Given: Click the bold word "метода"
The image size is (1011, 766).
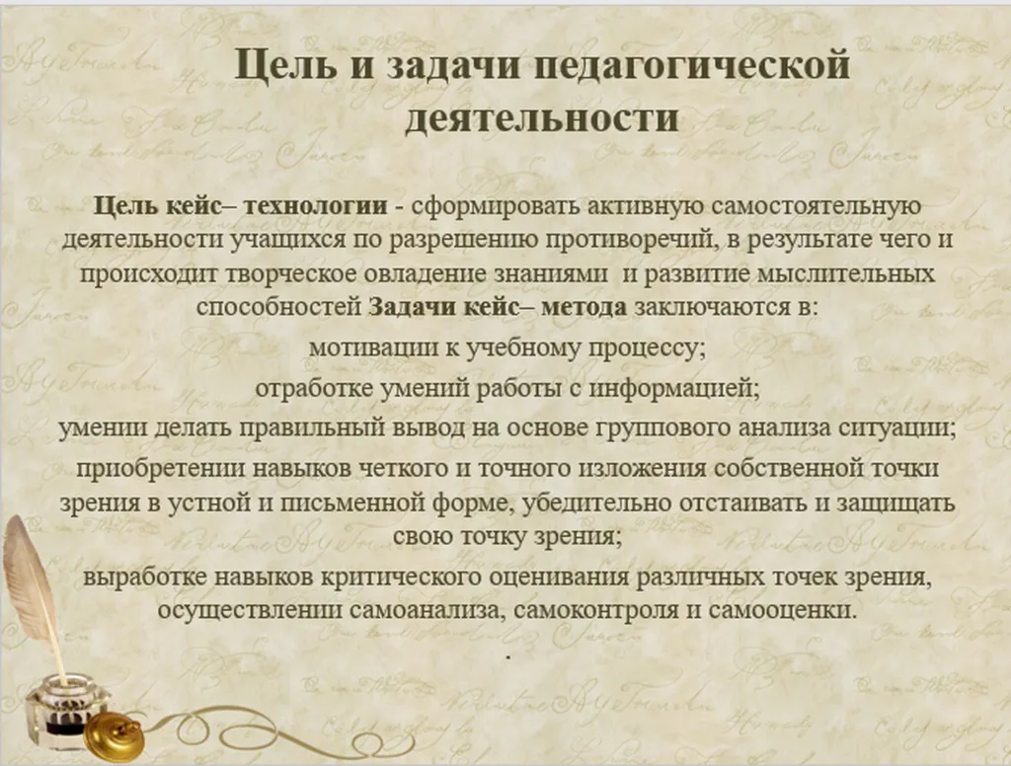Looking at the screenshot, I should coord(583,305).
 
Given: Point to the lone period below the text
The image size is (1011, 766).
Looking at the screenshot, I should coord(506,654).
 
